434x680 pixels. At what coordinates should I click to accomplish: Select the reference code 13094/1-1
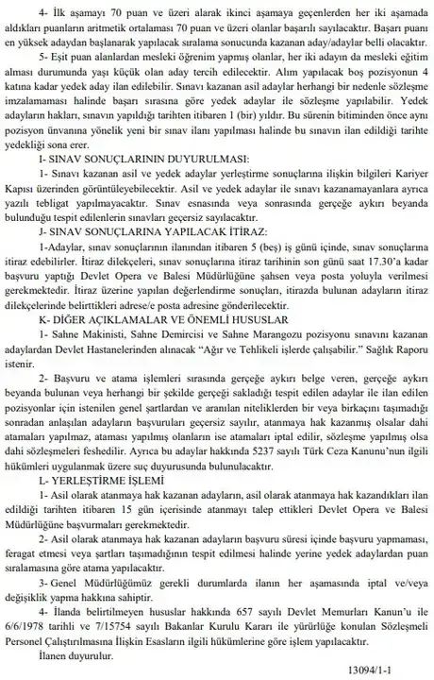(x=385, y=671)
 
